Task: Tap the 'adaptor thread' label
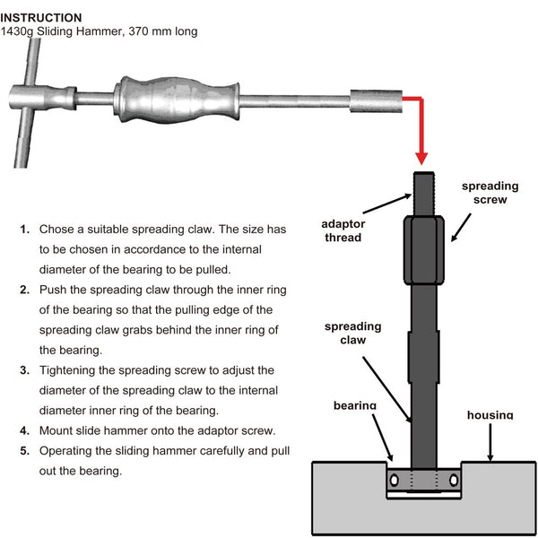click(343, 230)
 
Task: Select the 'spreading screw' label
click(490, 193)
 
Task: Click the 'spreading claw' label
click(352, 334)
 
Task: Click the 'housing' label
click(490, 414)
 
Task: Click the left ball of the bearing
click(391, 482)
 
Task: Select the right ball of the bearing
click(456, 482)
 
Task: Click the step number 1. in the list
click(24, 229)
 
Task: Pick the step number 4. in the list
click(24, 430)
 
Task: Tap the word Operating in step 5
click(69, 450)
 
